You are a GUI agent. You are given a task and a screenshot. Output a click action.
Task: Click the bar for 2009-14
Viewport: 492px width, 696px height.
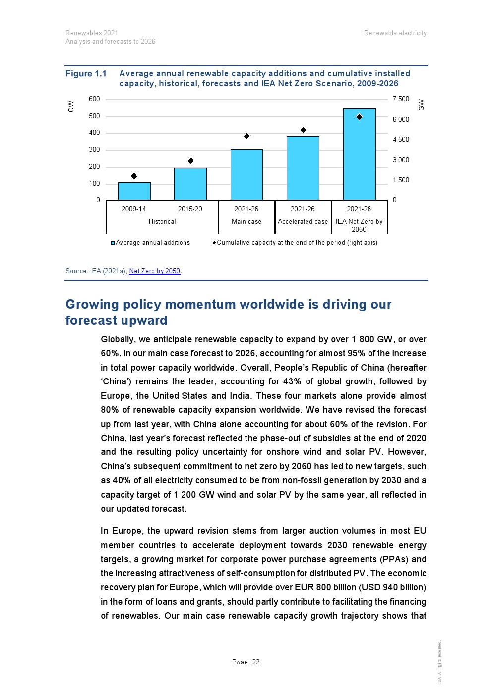click(x=134, y=191)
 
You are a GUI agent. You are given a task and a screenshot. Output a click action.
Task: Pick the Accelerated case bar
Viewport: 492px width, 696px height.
click(x=303, y=168)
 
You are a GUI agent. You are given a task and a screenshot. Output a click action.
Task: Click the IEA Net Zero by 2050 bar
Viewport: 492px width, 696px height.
click(x=359, y=154)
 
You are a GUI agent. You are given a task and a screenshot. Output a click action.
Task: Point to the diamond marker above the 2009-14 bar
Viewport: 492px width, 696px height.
click(x=134, y=176)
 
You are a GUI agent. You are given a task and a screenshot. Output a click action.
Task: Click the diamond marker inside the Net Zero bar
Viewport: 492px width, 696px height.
click(x=359, y=117)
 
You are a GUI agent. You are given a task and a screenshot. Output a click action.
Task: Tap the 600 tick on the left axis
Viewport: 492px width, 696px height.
click(x=94, y=99)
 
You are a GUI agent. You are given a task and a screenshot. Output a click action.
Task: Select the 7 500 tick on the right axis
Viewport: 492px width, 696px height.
click(x=401, y=99)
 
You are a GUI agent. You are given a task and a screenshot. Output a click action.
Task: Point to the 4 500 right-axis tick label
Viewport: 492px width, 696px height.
click(x=401, y=140)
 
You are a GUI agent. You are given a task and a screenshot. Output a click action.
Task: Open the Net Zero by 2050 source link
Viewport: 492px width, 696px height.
click(x=154, y=271)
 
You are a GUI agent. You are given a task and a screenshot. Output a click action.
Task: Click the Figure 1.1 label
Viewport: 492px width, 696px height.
click(x=86, y=74)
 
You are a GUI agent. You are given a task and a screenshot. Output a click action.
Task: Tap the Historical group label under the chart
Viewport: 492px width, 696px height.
click(x=162, y=222)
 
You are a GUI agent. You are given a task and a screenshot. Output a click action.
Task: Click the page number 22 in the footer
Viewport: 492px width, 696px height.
click(x=256, y=662)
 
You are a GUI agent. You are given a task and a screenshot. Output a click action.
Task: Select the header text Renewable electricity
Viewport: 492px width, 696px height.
click(x=395, y=33)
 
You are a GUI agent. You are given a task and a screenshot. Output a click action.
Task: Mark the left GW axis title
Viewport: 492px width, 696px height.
click(x=71, y=106)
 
